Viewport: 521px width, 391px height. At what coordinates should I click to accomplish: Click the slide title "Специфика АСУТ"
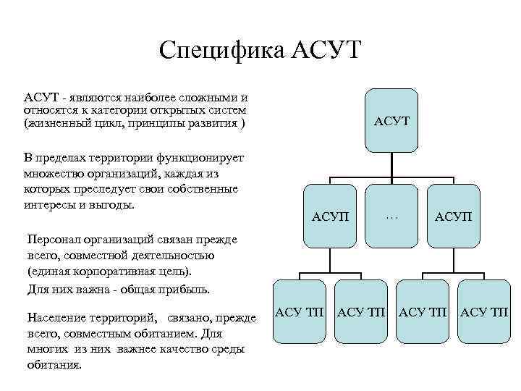[x=260, y=51]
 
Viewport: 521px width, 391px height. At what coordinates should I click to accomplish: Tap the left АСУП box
[x=329, y=216]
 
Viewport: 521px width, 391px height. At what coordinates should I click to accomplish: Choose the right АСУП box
[x=454, y=216]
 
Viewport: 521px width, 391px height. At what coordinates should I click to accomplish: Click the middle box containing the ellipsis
[x=391, y=216]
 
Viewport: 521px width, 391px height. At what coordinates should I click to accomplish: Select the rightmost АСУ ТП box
[x=485, y=312]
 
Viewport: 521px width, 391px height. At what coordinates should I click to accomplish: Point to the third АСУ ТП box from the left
[x=424, y=312]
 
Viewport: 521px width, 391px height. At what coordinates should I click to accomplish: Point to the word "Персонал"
[x=51, y=239]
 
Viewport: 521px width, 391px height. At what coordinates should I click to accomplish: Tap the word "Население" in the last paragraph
[x=56, y=318]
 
